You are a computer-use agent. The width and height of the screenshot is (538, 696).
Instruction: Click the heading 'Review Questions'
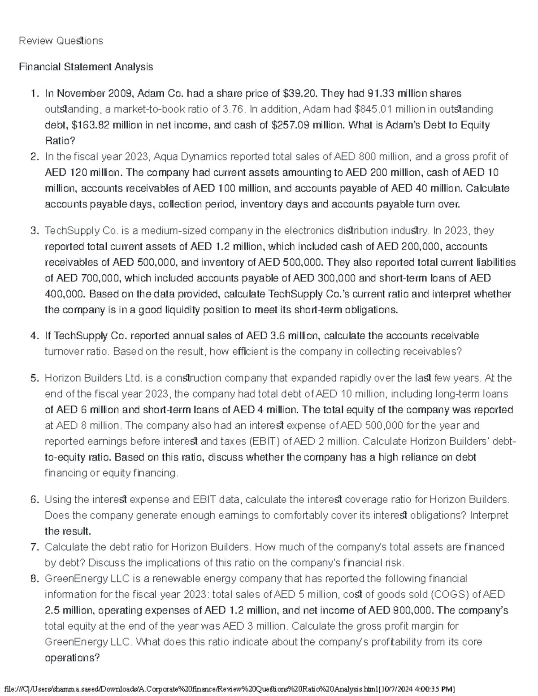pyautogui.click(x=61, y=41)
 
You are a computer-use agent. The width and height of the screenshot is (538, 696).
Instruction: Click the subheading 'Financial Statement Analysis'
pyautogui.click(x=86, y=67)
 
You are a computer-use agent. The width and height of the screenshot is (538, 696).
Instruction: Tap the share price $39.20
pyautogui.click(x=300, y=93)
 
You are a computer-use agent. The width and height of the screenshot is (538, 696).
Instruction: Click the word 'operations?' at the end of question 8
pyautogui.click(x=72, y=658)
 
